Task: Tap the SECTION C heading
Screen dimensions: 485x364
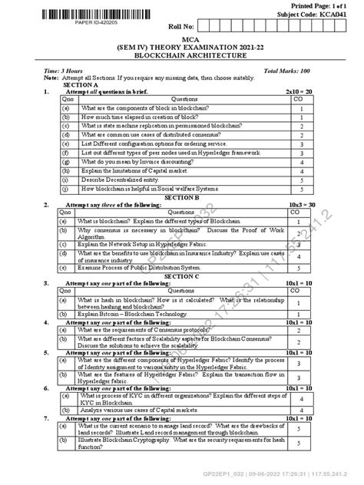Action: [182, 275]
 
